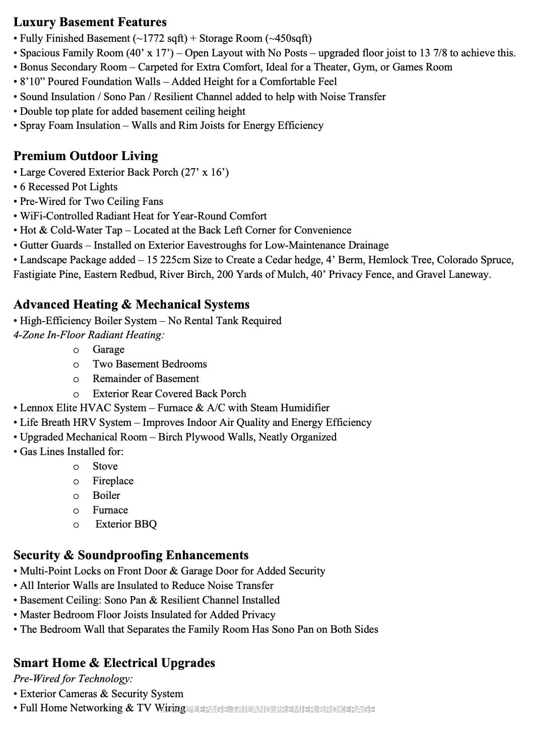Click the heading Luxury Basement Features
[90, 22]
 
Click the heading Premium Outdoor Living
[86, 156]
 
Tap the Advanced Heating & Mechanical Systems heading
[131, 305]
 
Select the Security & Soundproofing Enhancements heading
[131, 555]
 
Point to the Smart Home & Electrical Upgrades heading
[114, 663]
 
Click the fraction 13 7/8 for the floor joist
[431, 53]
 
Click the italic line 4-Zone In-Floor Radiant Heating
[89, 335]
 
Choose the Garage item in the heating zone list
[108, 349]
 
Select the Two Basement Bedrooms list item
[150, 364]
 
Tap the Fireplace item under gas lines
[113, 481]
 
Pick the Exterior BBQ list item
[126, 524]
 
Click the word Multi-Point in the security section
[46, 571]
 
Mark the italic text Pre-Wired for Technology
[73, 679]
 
